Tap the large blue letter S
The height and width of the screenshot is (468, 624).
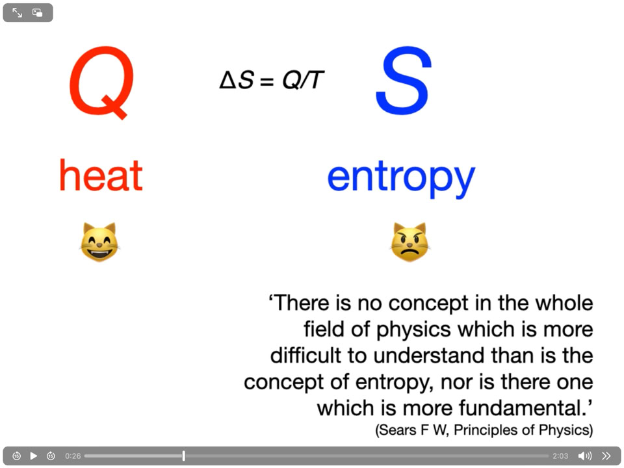404,81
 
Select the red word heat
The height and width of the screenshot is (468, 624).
101,175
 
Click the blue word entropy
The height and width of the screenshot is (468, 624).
401,179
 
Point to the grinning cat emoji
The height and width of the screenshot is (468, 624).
99,242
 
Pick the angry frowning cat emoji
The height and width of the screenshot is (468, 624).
410,242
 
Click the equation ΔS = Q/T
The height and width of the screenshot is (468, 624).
272,80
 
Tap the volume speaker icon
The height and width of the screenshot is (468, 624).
584,456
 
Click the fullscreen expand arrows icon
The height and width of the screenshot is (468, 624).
17,13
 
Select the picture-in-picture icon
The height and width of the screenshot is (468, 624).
38,13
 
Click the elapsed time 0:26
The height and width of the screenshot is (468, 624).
73,456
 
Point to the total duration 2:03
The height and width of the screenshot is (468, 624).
560,456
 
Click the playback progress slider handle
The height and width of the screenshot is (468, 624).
183,456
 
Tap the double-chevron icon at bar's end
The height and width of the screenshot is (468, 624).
606,456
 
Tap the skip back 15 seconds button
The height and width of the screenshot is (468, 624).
16,456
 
